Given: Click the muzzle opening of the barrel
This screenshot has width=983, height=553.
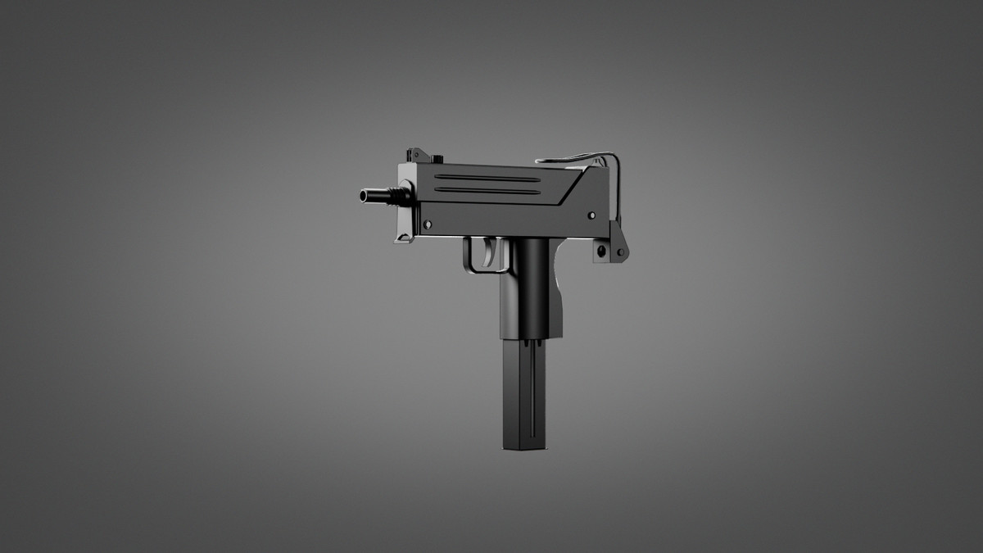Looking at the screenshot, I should pyautogui.click(x=361, y=196).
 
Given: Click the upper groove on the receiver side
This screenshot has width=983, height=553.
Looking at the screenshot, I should pyautogui.click(x=487, y=177).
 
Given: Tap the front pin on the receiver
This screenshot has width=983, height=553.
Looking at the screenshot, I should pyautogui.click(x=427, y=223).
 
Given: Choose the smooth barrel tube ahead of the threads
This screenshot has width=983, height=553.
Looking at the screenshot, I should pyautogui.click(x=375, y=196).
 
